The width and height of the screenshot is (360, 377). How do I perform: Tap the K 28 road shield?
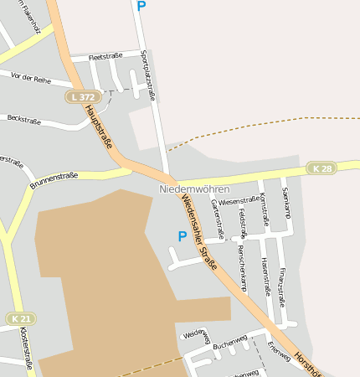tap(321, 168)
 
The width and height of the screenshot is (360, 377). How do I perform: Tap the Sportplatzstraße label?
tap(149, 75)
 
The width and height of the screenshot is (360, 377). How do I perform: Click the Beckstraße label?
tap(23, 120)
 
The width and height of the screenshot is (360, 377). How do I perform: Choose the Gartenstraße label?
tap(217, 219)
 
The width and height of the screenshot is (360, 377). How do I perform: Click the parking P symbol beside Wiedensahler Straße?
tap(182, 237)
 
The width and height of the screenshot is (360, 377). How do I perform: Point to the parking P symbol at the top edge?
tap(141, 6)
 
